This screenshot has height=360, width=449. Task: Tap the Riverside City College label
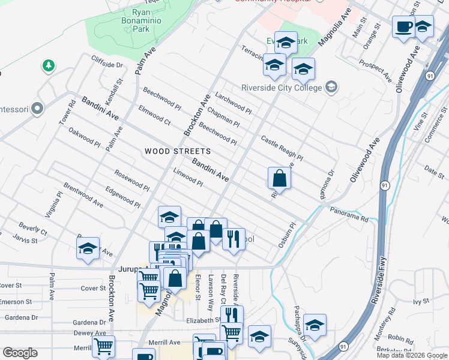[282, 88]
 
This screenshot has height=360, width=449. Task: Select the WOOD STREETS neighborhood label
[178, 152]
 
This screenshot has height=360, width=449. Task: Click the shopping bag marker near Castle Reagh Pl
[279, 178]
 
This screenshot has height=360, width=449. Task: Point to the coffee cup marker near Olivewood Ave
[403, 27]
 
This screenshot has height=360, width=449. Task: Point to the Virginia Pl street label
[52, 205]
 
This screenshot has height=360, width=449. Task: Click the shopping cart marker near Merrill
[103, 346]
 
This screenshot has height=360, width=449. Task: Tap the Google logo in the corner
[20, 353]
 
